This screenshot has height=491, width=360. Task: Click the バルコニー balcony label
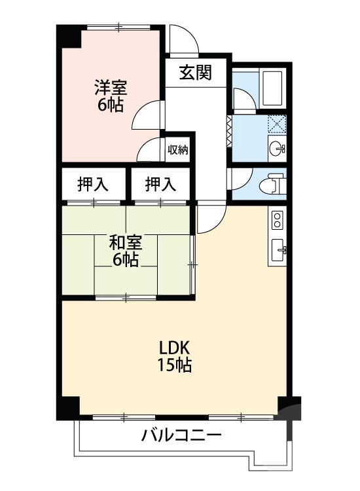[181, 435]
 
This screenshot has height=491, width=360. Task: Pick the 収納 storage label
[177, 149]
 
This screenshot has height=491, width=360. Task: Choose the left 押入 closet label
[93, 185]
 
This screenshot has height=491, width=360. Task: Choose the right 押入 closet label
[160, 185]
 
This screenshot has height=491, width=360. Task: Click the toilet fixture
[275, 184]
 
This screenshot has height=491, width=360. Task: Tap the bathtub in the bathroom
[270, 87]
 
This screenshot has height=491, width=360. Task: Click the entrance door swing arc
[183, 39]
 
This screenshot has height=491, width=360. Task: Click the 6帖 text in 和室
[126, 261]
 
